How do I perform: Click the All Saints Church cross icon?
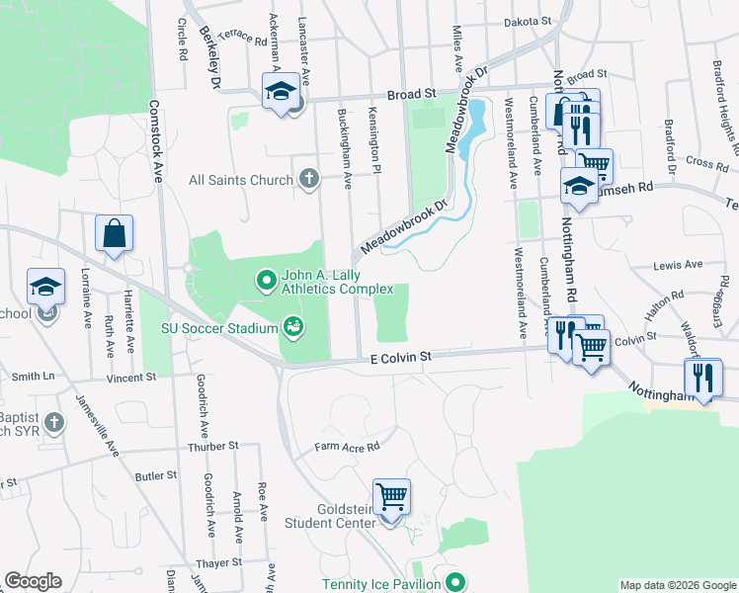[309, 179]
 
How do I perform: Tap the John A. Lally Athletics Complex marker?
[265, 282]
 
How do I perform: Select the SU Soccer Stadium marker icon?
[292, 324]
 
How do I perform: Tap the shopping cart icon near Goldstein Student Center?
[392, 495]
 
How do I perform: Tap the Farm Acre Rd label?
[347, 447]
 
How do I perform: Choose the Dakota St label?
[527, 21]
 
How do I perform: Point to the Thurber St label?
[213, 447]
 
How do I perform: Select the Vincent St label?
[132, 377]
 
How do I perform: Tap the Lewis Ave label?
[678, 265]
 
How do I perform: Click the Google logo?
[33, 581]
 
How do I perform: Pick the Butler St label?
[155, 475]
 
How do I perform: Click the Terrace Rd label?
[242, 38]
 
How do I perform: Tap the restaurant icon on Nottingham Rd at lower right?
[703, 377]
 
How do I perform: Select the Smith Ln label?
[34, 376]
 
